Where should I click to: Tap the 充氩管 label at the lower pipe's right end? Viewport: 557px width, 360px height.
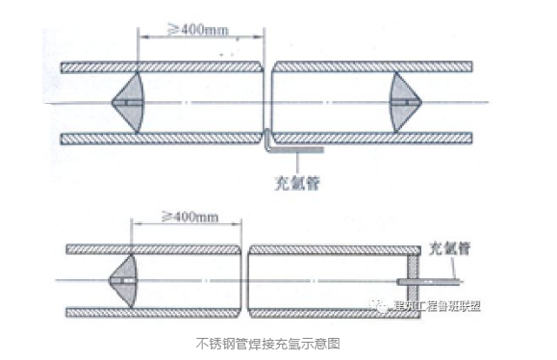pos(450,247)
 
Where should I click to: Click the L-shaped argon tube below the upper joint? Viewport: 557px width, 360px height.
pos(289,147)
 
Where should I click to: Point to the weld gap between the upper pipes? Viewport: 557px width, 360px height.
pos(267,102)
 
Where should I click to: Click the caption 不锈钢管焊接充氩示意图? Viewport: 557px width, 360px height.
pos(269,342)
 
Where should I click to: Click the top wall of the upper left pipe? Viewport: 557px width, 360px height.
pos(161,67)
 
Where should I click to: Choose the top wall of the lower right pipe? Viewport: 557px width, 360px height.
pos(327,248)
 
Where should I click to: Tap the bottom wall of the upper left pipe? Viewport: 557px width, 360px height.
pos(161,139)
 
